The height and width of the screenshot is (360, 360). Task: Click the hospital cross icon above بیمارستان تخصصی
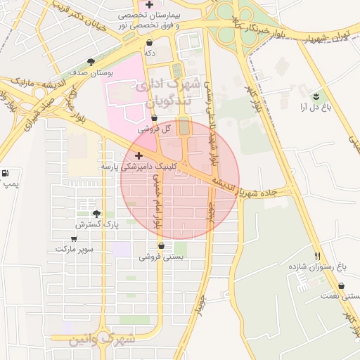149,5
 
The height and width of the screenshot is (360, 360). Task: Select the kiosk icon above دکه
149,42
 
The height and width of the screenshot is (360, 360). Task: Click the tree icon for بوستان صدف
89,62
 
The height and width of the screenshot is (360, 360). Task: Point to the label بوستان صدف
87,72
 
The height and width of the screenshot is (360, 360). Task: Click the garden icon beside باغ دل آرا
315,96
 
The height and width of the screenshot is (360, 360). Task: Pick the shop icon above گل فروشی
154,118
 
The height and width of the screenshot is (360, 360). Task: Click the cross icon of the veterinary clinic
139,155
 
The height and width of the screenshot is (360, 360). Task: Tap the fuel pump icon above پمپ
6,173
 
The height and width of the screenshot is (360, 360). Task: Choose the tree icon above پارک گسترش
96,214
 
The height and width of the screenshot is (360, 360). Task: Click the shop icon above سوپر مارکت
74,238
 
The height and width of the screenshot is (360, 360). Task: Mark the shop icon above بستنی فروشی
162,246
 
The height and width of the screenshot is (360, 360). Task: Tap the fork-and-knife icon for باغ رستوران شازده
318,257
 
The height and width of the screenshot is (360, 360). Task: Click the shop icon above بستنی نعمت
342,286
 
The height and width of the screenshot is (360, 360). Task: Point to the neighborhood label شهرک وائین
101,339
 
